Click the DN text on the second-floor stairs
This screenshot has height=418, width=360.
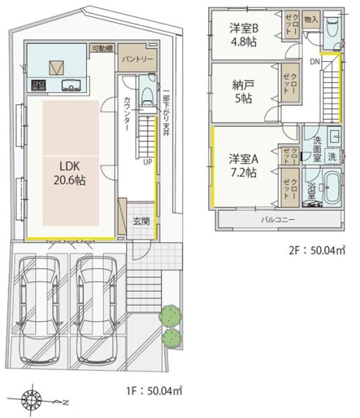click(315, 62)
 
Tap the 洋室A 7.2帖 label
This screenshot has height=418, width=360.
click(244, 165)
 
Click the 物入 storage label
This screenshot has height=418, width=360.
click(311, 20)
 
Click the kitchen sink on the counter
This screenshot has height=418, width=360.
click(71, 86)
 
